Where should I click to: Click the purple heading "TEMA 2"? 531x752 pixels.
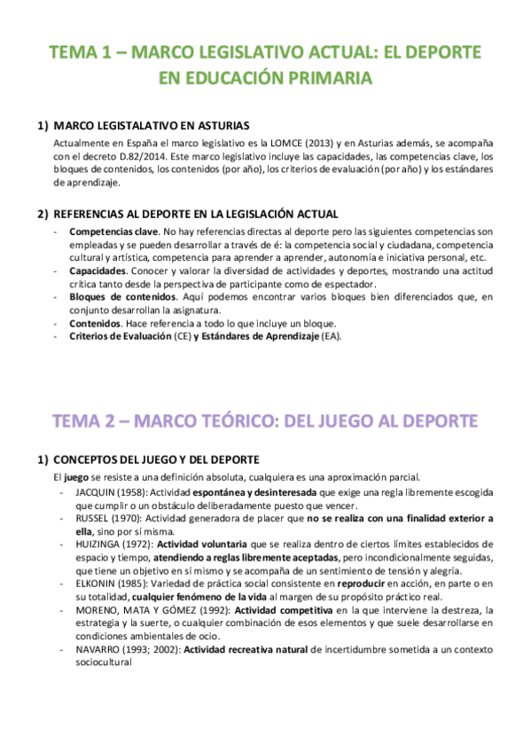point(89,419)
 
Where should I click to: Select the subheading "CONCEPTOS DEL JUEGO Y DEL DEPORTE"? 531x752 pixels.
point(156,460)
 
